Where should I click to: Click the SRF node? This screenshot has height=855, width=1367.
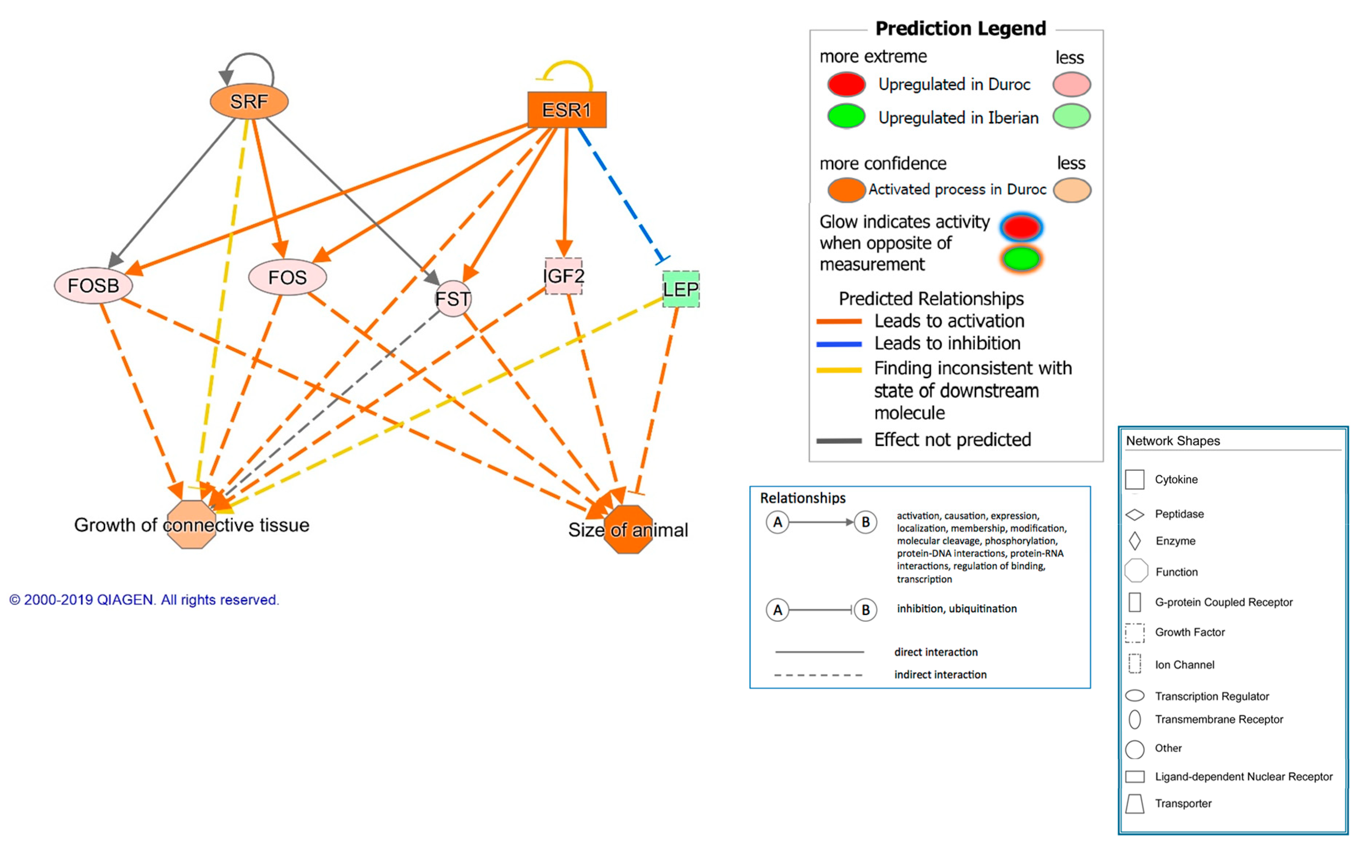pos(249,102)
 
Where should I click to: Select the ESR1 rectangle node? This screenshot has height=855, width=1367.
pos(566,110)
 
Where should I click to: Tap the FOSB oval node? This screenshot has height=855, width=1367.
pos(93,286)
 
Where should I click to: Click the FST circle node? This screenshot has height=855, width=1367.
pos(453,298)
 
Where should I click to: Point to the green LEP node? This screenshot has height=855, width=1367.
pos(681,289)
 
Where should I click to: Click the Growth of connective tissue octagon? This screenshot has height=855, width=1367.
pos(192,525)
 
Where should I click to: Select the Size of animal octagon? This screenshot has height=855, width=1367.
pos(628,530)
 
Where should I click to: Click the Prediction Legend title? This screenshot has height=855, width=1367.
pos(960,28)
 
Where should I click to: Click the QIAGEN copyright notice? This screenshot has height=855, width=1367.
pos(144,600)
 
